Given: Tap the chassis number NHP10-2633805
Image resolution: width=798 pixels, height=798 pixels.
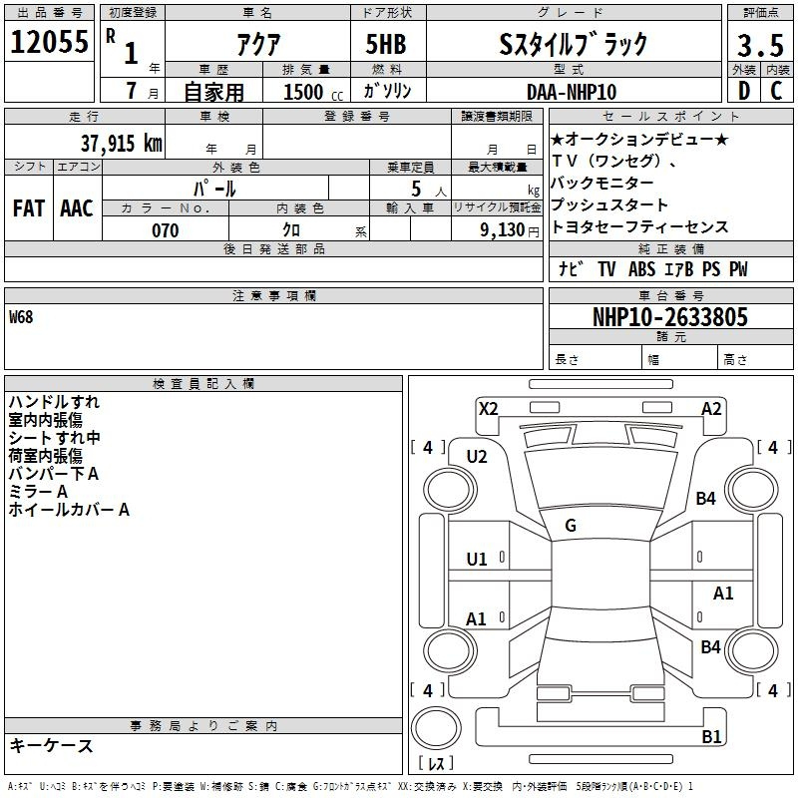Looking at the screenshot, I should [669, 317].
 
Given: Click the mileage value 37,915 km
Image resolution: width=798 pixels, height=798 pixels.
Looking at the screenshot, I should [122, 143].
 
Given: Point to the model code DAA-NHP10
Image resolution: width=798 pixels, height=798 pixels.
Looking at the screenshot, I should [571, 91].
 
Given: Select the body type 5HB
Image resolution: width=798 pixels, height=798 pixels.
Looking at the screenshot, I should [378, 45].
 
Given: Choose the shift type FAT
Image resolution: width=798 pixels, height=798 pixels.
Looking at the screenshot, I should [28, 208].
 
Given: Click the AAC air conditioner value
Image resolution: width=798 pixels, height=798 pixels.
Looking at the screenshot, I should [76, 208].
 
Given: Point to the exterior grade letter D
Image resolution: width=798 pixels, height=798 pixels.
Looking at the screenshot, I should [743, 91].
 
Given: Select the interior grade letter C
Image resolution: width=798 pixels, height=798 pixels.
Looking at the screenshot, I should [776, 91].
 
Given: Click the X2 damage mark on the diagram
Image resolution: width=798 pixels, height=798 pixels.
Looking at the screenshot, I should [488, 408].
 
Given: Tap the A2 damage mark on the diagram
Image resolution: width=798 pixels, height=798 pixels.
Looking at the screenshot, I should [711, 408].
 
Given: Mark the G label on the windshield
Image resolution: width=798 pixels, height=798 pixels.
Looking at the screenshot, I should [571, 526].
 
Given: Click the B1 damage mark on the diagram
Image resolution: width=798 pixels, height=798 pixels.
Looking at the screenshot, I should [711, 737].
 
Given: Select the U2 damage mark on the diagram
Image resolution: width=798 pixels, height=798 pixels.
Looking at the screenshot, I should [477, 456].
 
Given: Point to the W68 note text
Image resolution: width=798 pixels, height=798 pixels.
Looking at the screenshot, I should [21, 317].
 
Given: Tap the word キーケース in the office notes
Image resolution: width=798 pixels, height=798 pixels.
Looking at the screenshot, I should [51, 746].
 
